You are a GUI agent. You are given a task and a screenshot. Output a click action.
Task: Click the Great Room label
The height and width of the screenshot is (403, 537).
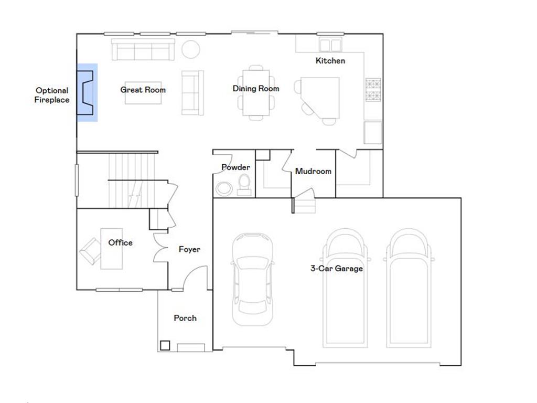[143, 90]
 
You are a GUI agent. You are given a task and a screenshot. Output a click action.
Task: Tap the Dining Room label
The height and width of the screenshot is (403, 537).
[256, 89]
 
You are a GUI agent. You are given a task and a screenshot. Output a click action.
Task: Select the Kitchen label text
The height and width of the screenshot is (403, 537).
[330, 61]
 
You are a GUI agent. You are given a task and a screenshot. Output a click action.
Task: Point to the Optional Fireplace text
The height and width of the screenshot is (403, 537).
[52, 95]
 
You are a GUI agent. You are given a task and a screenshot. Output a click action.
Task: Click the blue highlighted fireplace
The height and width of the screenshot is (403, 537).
[87, 92]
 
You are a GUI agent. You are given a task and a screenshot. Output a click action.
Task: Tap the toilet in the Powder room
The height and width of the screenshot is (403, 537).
[244, 184]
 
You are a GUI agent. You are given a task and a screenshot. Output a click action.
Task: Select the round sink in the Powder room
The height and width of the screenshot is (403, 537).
[224, 188]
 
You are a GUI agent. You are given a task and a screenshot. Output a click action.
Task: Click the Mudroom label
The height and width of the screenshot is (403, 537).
[313, 172]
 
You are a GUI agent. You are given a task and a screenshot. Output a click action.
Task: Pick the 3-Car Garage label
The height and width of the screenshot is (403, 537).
[336, 269]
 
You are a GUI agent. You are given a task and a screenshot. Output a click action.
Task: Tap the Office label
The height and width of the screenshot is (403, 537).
[120, 243]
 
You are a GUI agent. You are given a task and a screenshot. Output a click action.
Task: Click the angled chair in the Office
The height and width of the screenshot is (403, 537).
[90, 251]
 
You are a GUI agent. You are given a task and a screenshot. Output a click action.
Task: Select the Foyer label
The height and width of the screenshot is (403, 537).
[189, 250]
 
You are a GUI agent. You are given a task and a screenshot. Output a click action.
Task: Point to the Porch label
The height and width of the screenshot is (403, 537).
[185, 318]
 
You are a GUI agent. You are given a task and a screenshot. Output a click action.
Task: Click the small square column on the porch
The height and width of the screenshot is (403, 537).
[165, 345]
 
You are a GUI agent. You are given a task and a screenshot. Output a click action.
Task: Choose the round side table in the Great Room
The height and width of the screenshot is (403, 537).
[190, 50]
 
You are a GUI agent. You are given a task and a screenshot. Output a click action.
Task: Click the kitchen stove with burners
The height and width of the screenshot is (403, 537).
[373, 90]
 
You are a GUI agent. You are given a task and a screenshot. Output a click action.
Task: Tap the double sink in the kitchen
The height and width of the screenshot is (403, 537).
[330, 45]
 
